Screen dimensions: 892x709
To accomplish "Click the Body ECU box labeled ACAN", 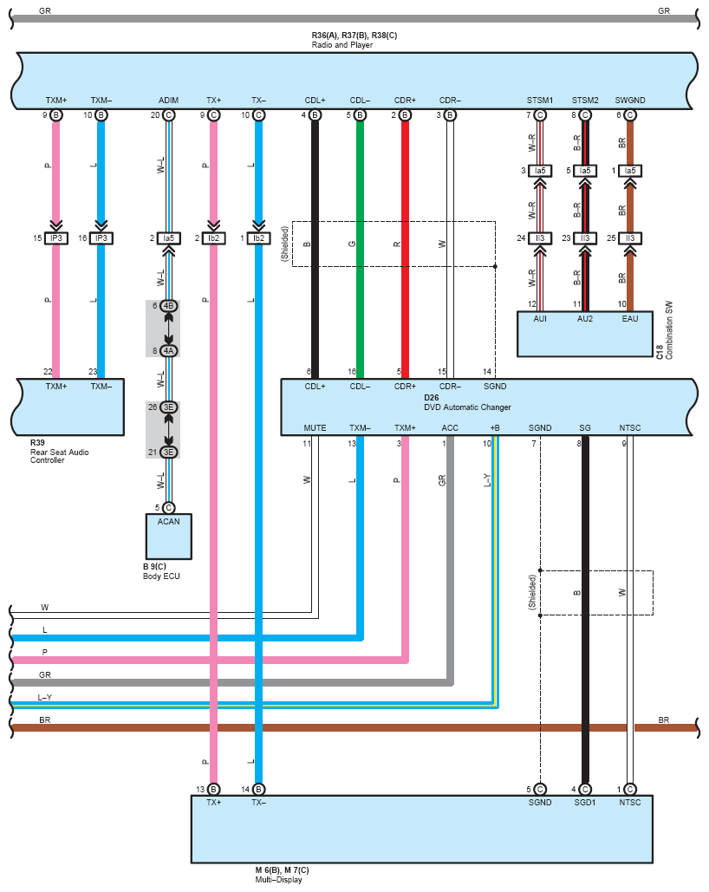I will [168, 537].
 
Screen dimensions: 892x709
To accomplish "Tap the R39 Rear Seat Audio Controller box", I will [69, 407].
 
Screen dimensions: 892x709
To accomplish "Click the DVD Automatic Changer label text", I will [467, 407].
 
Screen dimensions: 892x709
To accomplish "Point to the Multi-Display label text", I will [279, 880].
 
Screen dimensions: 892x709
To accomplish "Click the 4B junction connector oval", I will [168, 306].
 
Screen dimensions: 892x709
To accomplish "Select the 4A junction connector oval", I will [168, 351].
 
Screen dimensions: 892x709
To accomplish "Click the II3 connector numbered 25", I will [630, 238].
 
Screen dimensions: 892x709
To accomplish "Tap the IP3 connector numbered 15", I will [56, 238].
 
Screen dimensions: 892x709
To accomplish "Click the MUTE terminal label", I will [315, 428].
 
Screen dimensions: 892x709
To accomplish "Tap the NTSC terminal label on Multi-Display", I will [630, 803].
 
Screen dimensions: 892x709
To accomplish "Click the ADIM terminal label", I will [168, 101].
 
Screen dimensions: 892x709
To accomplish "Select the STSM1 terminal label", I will [540, 101].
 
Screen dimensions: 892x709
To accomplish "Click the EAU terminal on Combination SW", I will [630, 319].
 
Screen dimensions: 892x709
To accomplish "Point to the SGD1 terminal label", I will [585, 803].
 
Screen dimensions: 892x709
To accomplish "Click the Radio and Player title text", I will [342, 45].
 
